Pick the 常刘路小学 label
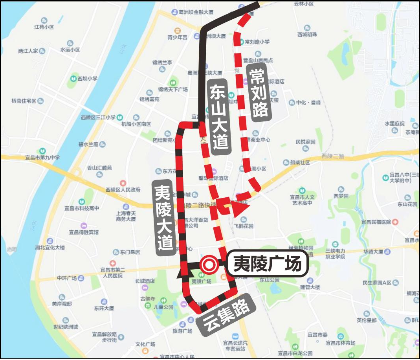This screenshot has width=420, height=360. tap(257, 42)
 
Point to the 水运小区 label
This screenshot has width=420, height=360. tap(70, 50)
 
